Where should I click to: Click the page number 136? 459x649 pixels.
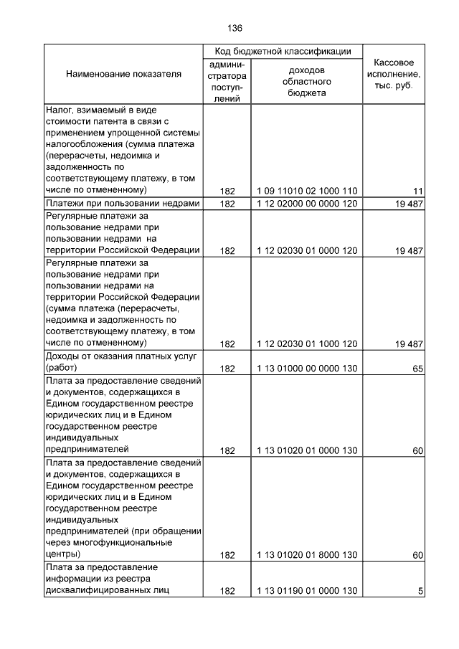(235, 29)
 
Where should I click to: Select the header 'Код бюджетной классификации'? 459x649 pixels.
(283, 52)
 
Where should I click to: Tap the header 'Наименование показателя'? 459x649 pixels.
(123, 75)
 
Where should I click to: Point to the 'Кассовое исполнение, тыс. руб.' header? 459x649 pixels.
(394, 74)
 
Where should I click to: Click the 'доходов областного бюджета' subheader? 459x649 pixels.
(307, 82)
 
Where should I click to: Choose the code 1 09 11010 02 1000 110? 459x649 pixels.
(307, 190)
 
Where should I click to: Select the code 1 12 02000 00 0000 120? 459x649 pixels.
(307, 204)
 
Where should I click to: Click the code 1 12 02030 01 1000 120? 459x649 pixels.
(307, 344)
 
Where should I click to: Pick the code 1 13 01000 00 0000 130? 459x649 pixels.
(307, 369)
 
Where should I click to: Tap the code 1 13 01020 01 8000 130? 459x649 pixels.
(307, 555)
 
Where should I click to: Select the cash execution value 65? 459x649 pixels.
(417, 369)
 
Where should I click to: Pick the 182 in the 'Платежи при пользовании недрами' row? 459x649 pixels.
(227, 204)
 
